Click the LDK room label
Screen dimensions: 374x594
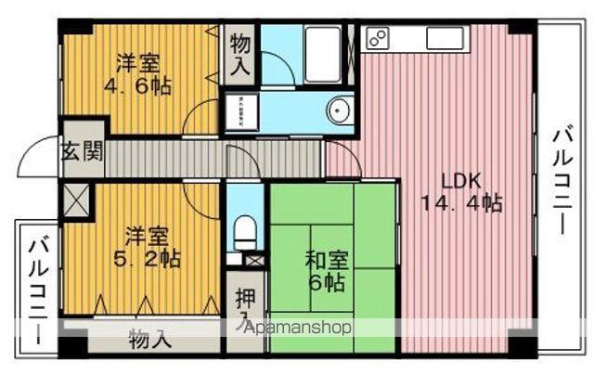click(x=460, y=180)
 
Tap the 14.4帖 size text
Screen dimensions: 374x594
click(x=460, y=203)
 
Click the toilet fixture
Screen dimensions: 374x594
click(x=245, y=231)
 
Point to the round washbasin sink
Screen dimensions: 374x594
click(x=339, y=111)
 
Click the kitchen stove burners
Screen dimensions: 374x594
click(x=378, y=37)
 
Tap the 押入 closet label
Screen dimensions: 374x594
click(x=244, y=306)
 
